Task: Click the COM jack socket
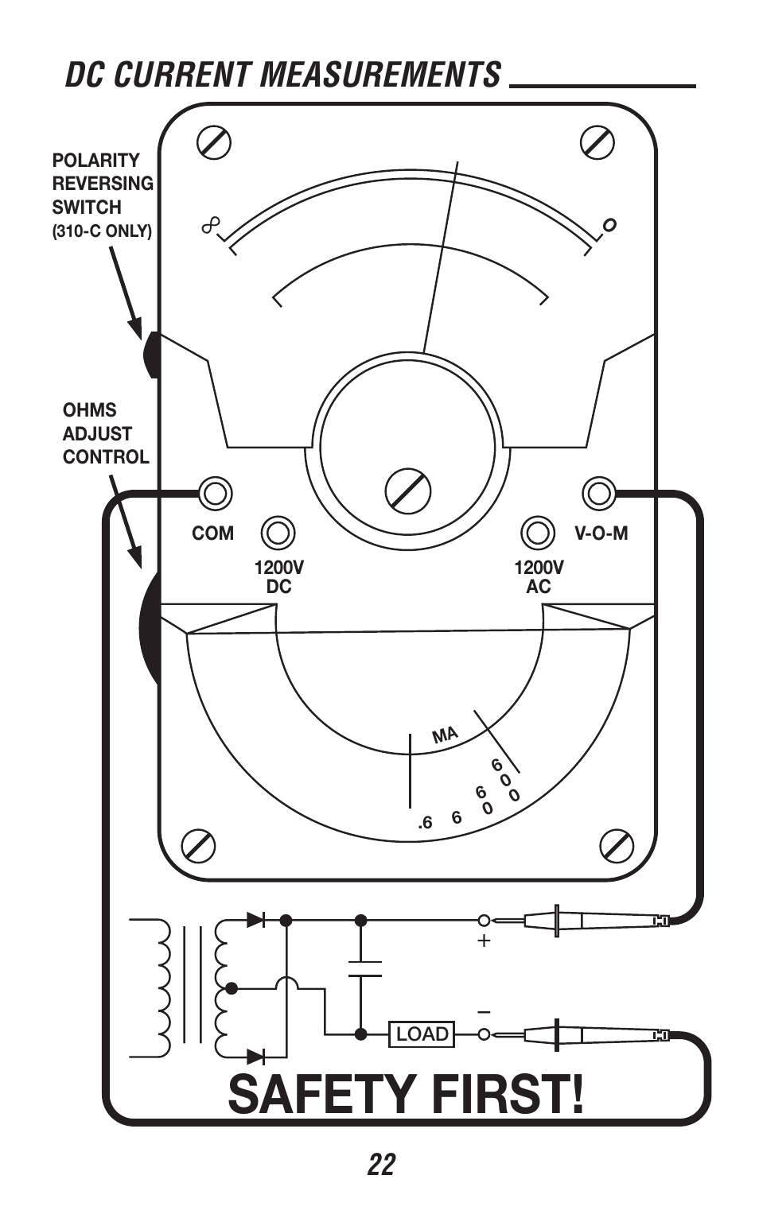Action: coord(216,494)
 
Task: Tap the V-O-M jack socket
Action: coord(599,493)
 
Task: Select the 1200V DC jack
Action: coord(278,533)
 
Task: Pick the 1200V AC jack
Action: coord(538,533)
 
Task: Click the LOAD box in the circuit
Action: coord(422,1034)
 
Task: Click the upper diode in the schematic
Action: coord(255,920)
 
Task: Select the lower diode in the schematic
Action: coord(255,1057)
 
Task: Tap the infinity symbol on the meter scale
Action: coord(211,225)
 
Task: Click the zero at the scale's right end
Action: coord(609,224)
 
